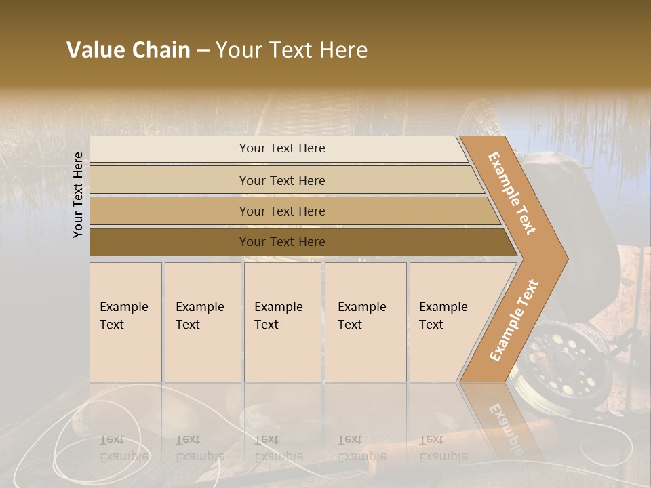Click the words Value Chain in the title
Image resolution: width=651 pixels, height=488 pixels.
pyautogui.click(x=128, y=50)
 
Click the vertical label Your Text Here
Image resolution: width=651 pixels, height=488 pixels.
pyautogui.click(x=78, y=195)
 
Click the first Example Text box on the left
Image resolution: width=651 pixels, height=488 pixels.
pyautogui.click(x=125, y=322)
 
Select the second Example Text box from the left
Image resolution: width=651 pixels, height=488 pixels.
pyautogui.click(x=203, y=322)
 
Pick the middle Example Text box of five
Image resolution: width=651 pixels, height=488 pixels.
pyautogui.click(x=282, y=322)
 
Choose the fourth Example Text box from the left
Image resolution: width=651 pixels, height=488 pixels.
pyautogui.click(x=366, y=322)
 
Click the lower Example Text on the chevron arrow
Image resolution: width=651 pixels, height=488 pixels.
pyautogui.click(x=513, y=321)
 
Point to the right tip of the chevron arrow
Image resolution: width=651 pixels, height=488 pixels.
pyautogui.click(x=566, y=259)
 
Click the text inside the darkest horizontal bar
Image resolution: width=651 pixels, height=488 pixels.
pyautogui.click(x=282, y=242)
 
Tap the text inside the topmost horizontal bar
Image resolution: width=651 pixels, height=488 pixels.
pyautogui.click(x=282, y=148)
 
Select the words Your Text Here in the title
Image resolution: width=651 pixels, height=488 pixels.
pyautogui.click(x=292, y=50)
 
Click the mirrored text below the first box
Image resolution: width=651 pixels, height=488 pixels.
pyautogui.click(x=123, y=448)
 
